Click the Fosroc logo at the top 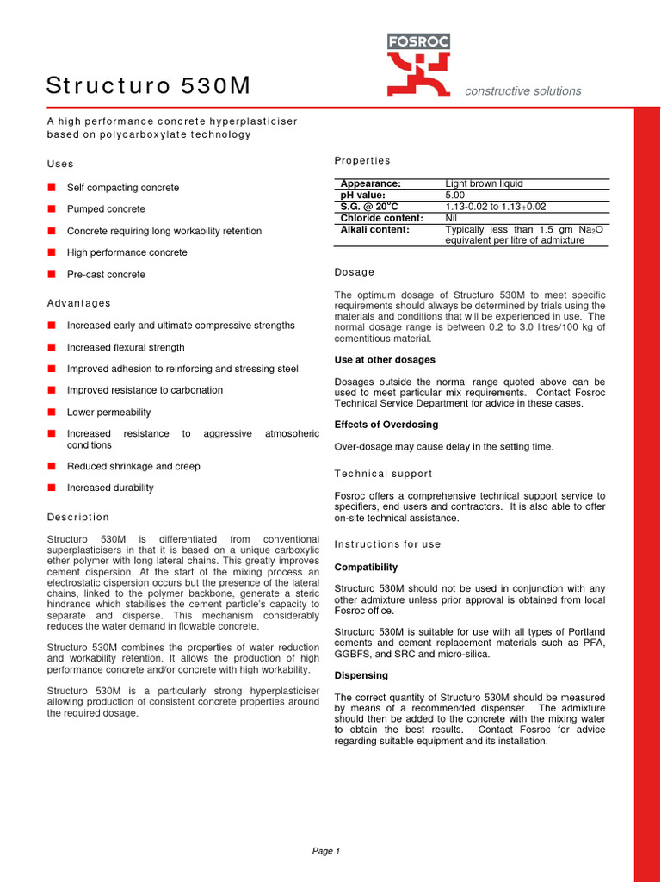[x=418, y=65]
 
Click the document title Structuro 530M [x=148, y=85]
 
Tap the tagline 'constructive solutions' [x=522, y=91]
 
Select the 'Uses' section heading [x=60, y=164]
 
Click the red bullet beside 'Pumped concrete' [x=52, y=209]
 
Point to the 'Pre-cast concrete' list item [x=106, y=275]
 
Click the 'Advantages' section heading [x=78, y=303]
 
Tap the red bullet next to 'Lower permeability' [x=52, y=413]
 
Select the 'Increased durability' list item [x=110, y=488]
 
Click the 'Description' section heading [x=78, y=518]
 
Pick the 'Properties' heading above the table [x=361, y=161]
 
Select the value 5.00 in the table [x=456, y=196]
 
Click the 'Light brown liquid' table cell [x=484, y=183]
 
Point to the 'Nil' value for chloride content [x=452, y=218]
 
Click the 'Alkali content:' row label [x=374, y=230]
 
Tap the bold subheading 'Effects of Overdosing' [x=386, y=425]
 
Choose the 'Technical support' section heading [x=383, y=474]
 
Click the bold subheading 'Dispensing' [x=361, y=675]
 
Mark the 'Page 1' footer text [x=326, y=851]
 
